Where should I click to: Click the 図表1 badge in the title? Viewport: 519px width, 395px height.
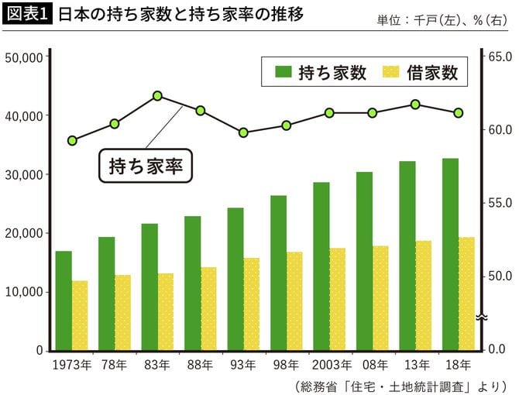click(x=28, y=15)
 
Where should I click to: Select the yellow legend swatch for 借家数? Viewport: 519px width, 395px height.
click(x=392, y=74)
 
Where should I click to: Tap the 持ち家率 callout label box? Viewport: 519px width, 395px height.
click(x=145, y=165)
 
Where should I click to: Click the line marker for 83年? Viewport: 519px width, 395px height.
click(x=157, y=96)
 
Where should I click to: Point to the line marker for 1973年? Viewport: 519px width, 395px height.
click(x=72, y=140)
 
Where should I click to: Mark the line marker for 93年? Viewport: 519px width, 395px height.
click(x=243, y=132)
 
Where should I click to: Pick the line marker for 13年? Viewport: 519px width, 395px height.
click(x=415, y=104)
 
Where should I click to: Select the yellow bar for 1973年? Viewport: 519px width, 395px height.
click(x=81, y=315)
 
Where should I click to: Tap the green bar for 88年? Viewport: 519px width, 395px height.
click(x=192, y=283)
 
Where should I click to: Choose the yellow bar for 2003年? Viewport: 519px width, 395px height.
click(x=337, y=299)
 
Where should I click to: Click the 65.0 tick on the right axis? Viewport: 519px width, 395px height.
click(x=498, y=57)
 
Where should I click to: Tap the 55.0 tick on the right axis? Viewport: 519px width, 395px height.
click(x=498, y=203)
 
